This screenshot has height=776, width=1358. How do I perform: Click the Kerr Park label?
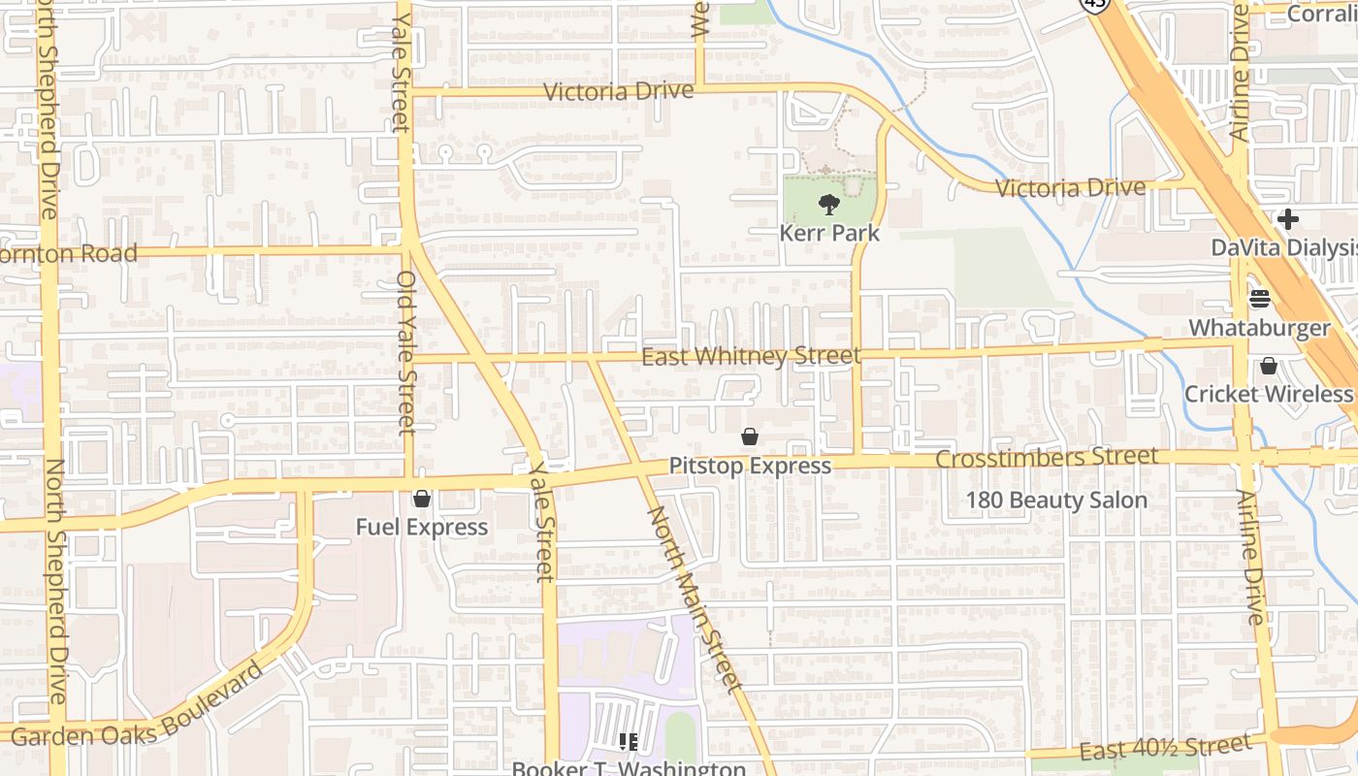[829, 233]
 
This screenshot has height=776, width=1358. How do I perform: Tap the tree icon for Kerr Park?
[829, 205]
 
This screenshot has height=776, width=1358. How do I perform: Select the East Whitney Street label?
[751, 357]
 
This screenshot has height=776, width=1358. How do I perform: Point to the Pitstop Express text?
[750, 466]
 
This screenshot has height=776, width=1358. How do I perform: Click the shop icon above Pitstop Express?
[750, 437]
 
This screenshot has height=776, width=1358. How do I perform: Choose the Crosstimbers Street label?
[1047, 457]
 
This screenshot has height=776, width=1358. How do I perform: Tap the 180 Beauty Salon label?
[1056, 501]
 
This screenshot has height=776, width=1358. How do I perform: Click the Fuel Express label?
[421, 527]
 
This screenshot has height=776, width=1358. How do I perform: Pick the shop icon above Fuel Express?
[422, 499]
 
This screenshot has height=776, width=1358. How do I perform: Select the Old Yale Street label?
[406, 352]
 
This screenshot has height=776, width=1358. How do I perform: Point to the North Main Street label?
[695, 599]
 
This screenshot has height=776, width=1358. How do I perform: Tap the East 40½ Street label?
[1164, 748]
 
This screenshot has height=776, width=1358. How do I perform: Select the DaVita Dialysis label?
[1283, 247]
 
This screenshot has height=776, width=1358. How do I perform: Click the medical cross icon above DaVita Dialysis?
[1287, 219]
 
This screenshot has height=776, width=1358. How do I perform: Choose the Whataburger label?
[1260, 328]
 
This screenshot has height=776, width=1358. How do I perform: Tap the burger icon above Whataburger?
[1260, 299]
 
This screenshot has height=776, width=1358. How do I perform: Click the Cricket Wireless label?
[1268, 394]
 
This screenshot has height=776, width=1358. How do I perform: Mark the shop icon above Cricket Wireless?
[1268, 366]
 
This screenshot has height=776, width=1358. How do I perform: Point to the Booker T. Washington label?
[629, 768]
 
